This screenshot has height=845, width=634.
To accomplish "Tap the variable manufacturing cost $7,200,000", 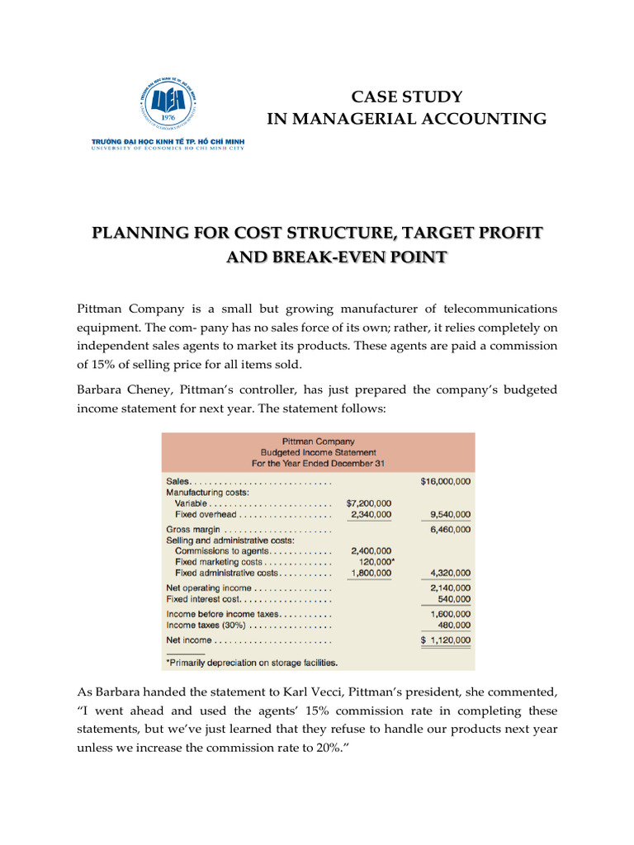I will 369,503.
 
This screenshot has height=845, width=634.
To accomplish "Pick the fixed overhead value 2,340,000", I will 371,514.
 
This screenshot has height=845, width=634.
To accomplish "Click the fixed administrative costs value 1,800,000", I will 371,573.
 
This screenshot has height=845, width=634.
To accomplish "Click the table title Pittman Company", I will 318,441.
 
